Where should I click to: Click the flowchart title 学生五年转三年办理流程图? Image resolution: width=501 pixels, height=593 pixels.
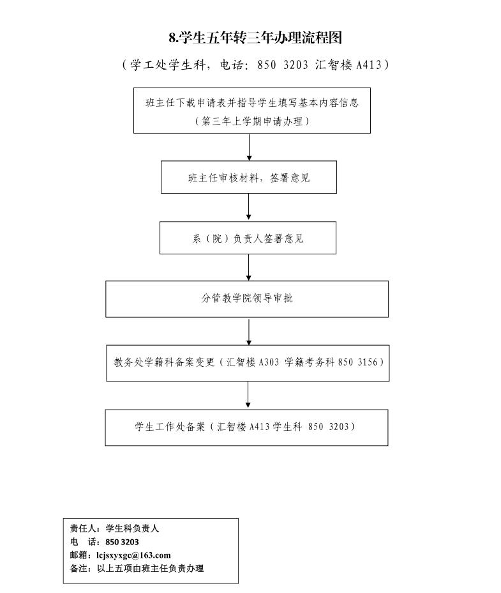255,38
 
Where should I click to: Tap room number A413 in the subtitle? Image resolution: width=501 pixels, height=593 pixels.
369,65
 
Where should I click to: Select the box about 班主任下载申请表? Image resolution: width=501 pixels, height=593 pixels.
252,111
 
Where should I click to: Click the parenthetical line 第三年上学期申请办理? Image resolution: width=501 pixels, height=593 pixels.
252,121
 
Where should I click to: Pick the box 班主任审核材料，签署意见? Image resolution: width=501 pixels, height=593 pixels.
249,177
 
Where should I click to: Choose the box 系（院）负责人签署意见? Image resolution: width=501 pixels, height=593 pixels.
248,238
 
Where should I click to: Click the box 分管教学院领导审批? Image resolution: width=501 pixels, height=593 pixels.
247,299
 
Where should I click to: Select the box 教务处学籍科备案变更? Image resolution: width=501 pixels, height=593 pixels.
248,363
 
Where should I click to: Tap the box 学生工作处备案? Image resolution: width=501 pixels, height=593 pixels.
247,427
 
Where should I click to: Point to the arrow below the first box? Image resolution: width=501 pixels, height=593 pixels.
249,147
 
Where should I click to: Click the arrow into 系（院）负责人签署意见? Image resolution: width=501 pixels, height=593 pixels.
249,206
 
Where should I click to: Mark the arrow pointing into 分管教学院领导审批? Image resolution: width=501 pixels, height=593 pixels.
249,267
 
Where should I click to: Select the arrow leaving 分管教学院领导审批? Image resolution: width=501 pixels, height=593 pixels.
249,332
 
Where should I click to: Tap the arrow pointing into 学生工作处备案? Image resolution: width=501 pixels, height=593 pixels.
248,394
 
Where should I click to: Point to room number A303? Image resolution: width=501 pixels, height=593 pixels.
269,362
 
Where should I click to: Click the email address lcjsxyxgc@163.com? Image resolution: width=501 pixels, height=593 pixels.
133,555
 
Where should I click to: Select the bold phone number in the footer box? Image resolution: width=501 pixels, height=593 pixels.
122,542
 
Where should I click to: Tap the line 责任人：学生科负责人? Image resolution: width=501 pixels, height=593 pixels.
114,528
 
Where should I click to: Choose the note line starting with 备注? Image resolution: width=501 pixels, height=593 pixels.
137,568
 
